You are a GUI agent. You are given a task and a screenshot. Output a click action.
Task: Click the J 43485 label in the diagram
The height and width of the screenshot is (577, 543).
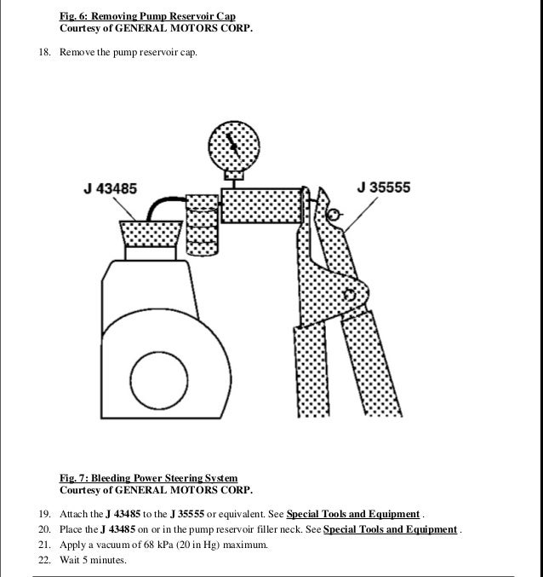tap(110, 188)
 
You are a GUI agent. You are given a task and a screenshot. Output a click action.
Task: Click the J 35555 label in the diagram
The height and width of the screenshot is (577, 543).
tap(384, 188)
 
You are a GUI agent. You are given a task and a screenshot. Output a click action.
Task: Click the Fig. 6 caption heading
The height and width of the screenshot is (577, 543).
tap(147, 16)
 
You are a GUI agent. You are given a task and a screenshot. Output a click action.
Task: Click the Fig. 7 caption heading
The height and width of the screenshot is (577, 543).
tap(148, 478)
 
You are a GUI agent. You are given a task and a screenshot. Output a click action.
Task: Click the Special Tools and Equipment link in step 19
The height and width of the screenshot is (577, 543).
tap(353, 514)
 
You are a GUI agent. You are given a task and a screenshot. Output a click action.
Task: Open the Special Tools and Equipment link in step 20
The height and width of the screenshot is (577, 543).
tap(391, 529)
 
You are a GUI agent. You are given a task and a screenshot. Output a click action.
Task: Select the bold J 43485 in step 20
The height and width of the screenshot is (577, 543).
tap(106, 529)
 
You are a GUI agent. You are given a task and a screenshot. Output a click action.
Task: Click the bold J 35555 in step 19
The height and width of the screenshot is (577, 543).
tap(181, 514)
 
